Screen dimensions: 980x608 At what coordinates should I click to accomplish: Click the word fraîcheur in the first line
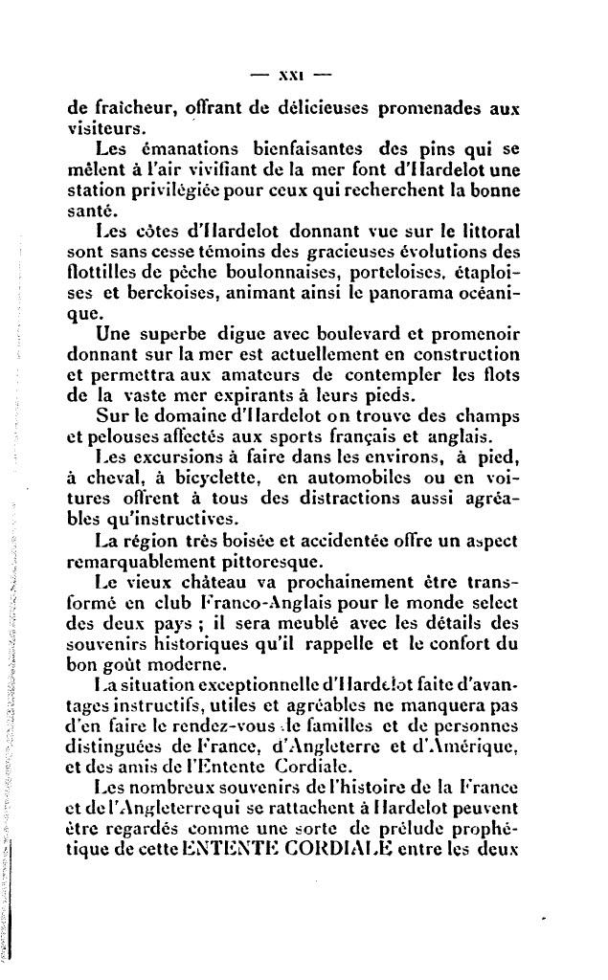(122, 109)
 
